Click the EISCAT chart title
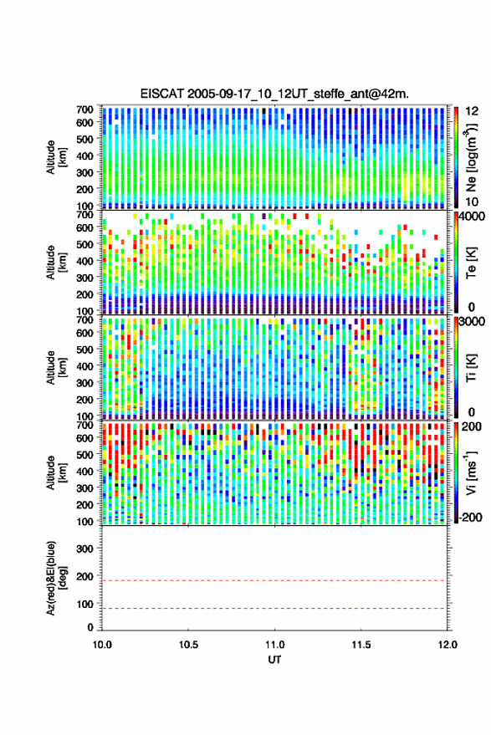pos(274,94)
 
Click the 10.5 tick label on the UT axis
pos(188,645)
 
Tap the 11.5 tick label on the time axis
pos(361,645)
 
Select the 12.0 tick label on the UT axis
pos(448,645)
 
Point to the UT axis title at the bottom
pos(274,660)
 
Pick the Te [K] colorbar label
pos(471,263)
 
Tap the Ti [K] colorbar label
pos(471,368)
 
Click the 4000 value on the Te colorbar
pos(470,217)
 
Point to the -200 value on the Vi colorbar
pos(470,517)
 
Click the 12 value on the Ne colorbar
pos(473,111)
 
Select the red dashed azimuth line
pos(274,580)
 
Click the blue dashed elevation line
pos(274,609)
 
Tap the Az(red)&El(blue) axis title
pos(56,578)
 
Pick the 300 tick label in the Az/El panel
pos(84,549)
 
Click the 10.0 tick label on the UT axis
pos(102,645)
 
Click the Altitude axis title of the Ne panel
pos(56,157)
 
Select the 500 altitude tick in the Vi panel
pos(84,455)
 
